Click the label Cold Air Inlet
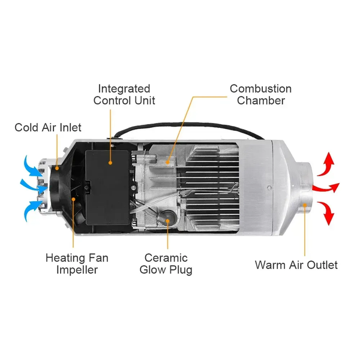tap(48, 127)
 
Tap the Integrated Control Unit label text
tap(124, 95)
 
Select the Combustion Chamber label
tap(260, 95)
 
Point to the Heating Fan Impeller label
tap(77, 264)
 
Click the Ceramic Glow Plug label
tap(166, 264)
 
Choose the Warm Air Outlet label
tap(296, 265)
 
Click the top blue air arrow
tap(33, 166)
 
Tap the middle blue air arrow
tap(34, 186)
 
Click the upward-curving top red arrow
tap(326, 164)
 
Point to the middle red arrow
tap(326, 188)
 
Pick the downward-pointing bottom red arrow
tap(326, 212)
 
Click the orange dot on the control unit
tap(110, 163)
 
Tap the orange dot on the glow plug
tap(167, 221)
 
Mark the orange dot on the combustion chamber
tap(167, 163)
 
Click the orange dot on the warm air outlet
tap(305, 205)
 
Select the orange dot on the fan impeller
tap(73, 199)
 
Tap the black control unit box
tap(107, 188)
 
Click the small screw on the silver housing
tap(269, 188)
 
